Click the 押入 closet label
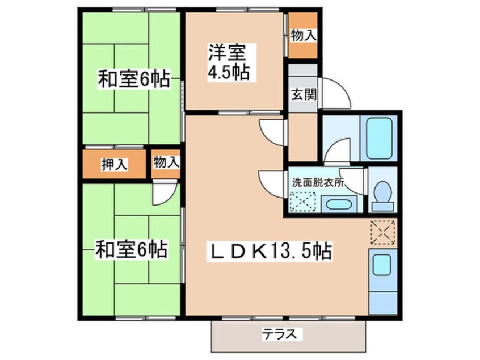point(114,164)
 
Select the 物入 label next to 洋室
point(302,35)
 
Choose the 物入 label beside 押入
point(166,162)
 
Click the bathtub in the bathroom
point(380,138)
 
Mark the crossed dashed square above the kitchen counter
point(381,232)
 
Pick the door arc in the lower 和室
point(164,194)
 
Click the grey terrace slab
point(289,337)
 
